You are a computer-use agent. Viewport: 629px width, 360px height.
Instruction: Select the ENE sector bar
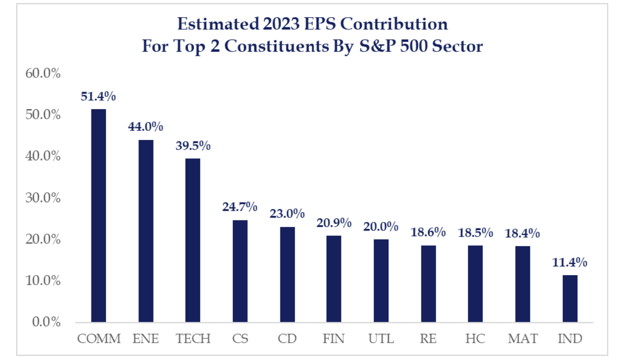[146, 231]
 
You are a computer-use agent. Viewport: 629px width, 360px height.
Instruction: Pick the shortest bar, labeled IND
[570, 299]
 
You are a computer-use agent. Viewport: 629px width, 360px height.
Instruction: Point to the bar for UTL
[381, 281]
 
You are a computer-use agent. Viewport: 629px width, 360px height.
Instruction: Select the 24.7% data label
[240, 207]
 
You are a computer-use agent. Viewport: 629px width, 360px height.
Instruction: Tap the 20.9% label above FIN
[334, 222]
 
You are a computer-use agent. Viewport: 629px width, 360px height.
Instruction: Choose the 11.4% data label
[570, 262]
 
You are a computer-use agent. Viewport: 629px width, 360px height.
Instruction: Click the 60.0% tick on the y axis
[43, 74]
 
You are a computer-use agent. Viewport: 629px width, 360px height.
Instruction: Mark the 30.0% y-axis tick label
[43, 198]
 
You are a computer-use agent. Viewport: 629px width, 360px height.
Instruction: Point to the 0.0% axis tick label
[46, 322]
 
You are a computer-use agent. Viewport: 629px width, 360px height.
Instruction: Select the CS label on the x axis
[240, 339]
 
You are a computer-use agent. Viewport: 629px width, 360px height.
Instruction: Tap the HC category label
[475, 339]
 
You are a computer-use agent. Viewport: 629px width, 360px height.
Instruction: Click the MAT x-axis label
[522, 339]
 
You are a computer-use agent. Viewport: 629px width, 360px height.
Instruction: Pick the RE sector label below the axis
[428, 339]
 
